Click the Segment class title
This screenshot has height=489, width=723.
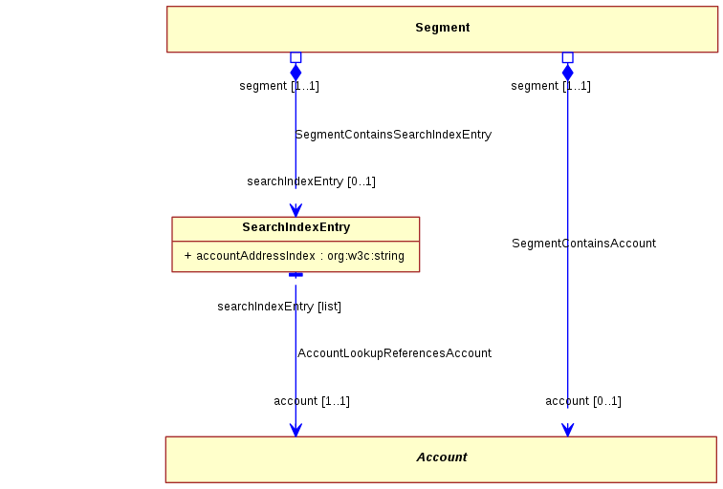point(442,28)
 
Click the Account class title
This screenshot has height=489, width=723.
point(442,457)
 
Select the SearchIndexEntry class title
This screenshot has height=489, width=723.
point(296,227)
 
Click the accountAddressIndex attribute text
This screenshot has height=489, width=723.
point(295,256)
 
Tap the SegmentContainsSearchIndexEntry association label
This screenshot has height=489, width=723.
point(393,135)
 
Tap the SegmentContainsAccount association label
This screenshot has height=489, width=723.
point(583,244)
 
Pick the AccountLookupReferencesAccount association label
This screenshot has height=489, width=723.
point(394,353)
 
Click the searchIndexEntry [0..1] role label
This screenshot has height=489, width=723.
point(311,181)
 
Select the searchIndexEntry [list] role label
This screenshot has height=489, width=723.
point(279,307)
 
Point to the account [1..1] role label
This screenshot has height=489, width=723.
point(312,401)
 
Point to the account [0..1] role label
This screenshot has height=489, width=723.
point(583,401)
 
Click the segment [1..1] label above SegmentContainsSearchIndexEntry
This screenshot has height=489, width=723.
point(279,86)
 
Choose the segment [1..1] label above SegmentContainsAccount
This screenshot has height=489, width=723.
point(551,86)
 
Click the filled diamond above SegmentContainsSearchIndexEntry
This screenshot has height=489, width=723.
point(296,73)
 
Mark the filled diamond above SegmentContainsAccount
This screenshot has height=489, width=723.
point(568,73)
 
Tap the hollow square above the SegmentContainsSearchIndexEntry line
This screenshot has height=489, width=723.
point(296,57)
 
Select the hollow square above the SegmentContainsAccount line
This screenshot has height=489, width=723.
point(568,57)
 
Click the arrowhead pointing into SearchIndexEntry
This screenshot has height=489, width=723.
point(296,210)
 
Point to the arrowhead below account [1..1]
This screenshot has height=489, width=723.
point(296,430)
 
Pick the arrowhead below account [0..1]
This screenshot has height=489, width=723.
point(568,430)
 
